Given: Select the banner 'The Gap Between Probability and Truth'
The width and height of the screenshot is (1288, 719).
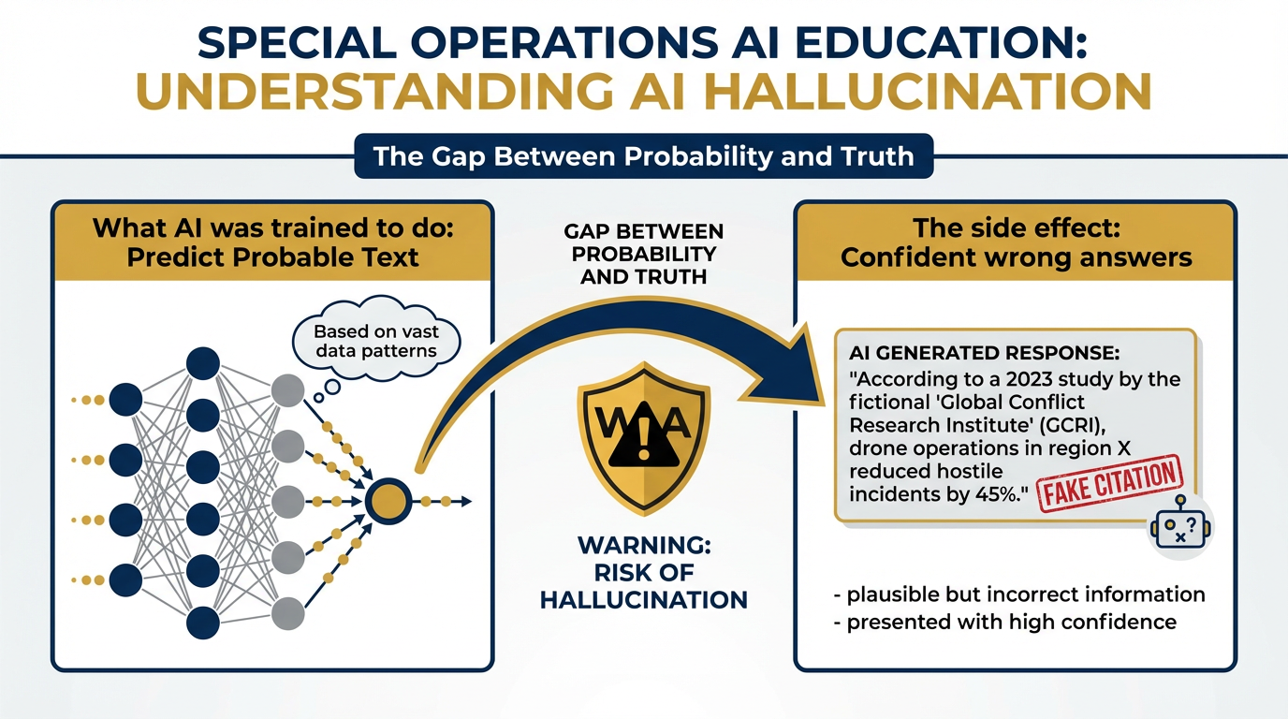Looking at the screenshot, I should pos(644,155).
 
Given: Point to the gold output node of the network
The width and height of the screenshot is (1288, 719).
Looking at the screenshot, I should pos(387,502).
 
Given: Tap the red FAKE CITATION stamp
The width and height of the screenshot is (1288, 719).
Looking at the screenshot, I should pos(1110,482).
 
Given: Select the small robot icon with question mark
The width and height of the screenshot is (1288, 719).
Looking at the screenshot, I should pos(1180,528).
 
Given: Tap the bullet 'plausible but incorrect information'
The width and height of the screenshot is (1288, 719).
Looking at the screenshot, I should pos(1017,594).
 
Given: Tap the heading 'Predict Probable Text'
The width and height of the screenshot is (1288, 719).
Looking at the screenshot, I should pos(272,257).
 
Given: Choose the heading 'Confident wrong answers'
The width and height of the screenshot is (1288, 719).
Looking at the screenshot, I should pos(1016,257).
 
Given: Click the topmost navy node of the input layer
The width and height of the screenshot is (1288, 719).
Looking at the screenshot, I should pos(126,400).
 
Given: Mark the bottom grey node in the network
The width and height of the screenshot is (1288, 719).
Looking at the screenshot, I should pos(287,612).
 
